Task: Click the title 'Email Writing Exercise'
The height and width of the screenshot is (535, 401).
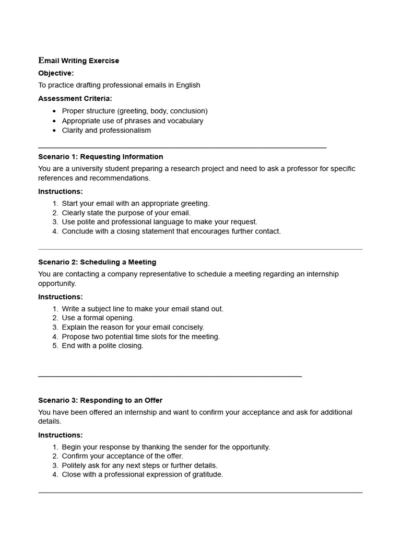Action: [x=79, y=61]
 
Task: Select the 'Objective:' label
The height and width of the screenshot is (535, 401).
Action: [x=56, y=73]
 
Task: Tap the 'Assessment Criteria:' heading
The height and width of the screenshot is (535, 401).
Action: [x=75, y=98]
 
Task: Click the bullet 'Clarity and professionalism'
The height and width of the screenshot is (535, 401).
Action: [x=107, y=130]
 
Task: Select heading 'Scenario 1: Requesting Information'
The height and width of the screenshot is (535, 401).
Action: [x=101, y=157]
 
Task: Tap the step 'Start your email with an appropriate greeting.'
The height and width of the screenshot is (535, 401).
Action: [x=136, y=203]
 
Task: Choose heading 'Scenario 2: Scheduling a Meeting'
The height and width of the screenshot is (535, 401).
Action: [x=97, y=262]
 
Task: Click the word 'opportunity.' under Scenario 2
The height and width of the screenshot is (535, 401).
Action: [x=57, y=284]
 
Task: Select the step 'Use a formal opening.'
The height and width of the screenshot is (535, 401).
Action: [x=98, y=318]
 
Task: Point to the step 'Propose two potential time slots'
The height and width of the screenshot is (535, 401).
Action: [x=141, y=336]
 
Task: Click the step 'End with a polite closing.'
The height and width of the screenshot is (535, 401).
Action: [x=102, y=346]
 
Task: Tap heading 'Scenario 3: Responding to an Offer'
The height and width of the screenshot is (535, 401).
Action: [x=100, y=400]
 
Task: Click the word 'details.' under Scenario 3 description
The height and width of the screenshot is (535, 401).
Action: [x=50, y=422]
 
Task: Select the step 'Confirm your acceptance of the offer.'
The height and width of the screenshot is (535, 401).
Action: [x=123, y=456]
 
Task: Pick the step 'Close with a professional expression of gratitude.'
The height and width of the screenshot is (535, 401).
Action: [x=143, y=475]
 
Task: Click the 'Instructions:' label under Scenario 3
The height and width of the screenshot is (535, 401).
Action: [x=61, y=435]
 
